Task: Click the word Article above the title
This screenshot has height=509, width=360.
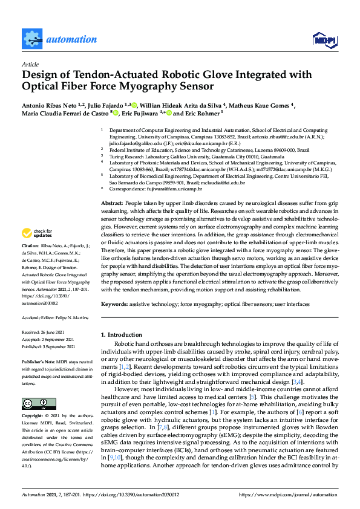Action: click(x=30, y=63)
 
